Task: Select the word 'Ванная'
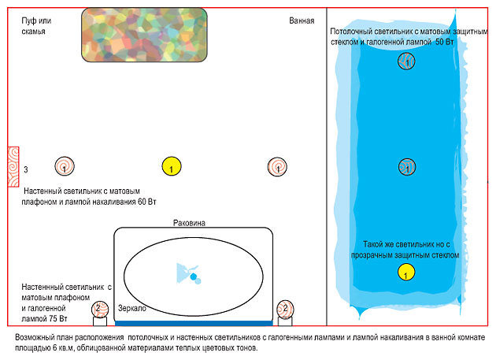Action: tap(302, 20)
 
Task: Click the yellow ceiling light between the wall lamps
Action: tap(172, 166)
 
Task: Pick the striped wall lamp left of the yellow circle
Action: tap(65, 166)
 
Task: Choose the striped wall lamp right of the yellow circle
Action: tap(276, 166)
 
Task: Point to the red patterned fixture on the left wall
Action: tap(13, 166)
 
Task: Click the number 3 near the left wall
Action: tap(26, 170)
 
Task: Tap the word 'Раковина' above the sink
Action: tap(189, 224)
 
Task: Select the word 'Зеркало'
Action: tap(132, 309)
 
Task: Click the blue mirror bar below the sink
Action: tap(194, 321)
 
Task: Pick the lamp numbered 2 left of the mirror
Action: tap(98, 309)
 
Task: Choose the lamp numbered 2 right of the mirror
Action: tap(286, 309)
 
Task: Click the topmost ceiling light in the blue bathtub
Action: tap(406, 61)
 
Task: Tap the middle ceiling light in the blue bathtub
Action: tap(406, 166)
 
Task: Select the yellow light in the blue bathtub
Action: tap(405, 273)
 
